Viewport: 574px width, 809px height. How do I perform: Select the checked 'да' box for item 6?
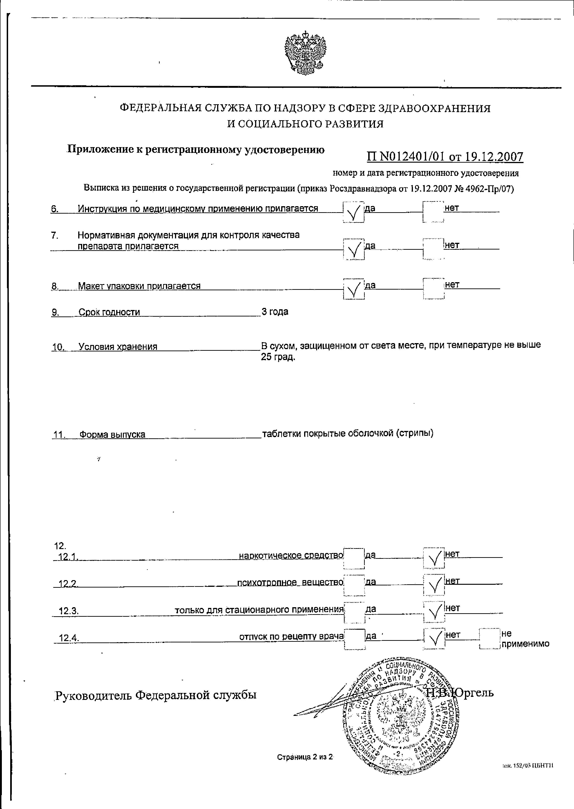(353, 212)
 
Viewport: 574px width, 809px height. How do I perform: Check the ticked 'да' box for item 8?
(353, 289)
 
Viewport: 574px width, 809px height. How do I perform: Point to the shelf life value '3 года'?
(275, 312)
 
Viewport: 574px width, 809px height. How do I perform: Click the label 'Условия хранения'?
(118, 347)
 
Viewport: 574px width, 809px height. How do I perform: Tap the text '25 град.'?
(278, 357)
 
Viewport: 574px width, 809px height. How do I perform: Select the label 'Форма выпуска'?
(112, 434)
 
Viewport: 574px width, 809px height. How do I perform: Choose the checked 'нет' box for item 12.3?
(434, 612)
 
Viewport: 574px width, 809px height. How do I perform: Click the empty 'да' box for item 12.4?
(355, 639)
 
